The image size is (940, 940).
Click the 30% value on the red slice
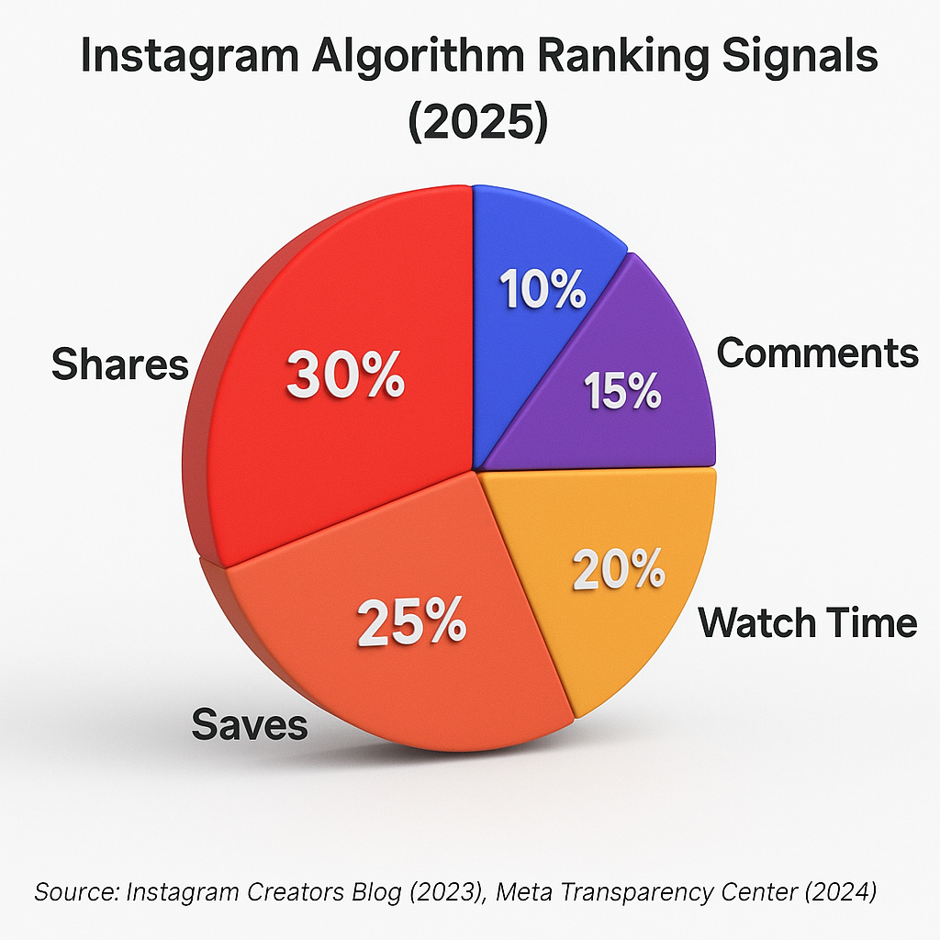tap(345, 375)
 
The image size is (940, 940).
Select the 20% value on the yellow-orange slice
tap(619, 571)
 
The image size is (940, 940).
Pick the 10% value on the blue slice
tap(543, 291)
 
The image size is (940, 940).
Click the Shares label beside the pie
tap(119, 364)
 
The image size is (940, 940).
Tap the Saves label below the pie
tap(249, 725)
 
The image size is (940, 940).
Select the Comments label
tap(817, 352)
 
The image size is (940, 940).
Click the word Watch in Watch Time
tap(757, 623)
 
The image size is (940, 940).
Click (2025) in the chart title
tap(476, 121)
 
